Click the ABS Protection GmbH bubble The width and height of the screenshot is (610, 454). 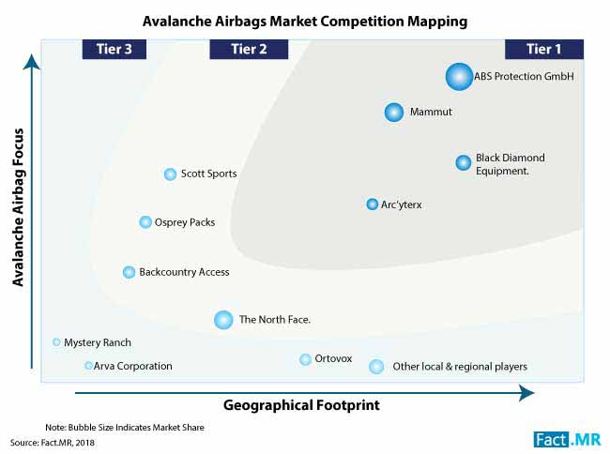pos(459,77)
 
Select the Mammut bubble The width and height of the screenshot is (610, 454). pos(394,113)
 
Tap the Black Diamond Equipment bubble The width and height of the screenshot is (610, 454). pos(464,162)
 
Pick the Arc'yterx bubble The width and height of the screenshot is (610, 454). pos(373,204)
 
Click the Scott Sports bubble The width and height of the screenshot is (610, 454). pos(170,174)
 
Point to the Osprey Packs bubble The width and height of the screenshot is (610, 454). pos(145,222)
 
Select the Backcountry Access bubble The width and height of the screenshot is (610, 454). pos(129,272)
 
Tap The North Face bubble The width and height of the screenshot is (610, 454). pos(223,320)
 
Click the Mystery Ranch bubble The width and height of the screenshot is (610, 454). pos(56,342)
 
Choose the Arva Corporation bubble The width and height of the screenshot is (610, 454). pos(88,366)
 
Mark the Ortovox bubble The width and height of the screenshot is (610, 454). pos(305,359)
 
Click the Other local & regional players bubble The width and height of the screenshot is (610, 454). pos(376,367)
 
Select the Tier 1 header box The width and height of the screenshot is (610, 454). pos(544,50)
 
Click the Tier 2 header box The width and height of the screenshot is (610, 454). pos(249,50)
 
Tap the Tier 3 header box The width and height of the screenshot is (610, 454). pos(114,50)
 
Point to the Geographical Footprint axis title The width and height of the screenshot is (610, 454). pos(301,405)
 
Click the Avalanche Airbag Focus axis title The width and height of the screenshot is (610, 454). pos(18,207)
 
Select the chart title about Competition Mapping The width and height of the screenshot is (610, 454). pos(305,22)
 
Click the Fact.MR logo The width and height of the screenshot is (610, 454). pos(567,440)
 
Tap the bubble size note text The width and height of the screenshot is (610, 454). pos(125,428)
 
